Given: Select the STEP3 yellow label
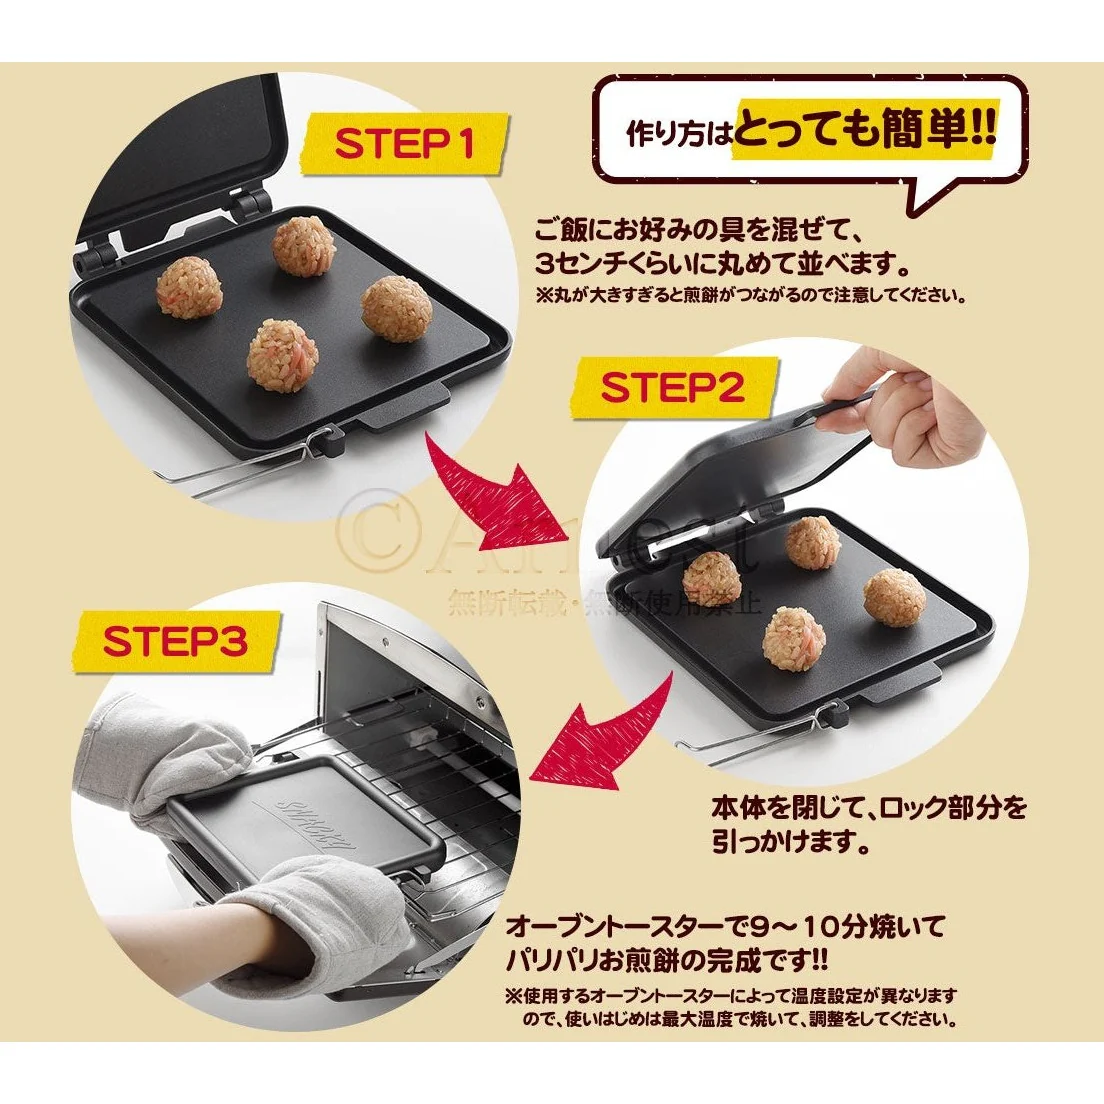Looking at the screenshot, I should pyautogui.click(x=174, y=641).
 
